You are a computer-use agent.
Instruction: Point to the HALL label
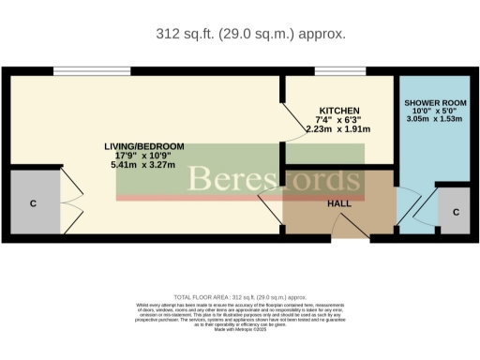coord(339,203)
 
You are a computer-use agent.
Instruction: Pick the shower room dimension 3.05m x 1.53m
coord(435,119)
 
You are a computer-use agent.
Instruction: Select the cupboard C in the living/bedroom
coord(32,203)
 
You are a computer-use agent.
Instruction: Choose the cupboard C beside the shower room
coord(455,212)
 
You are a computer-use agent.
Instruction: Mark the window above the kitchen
coord(333,71)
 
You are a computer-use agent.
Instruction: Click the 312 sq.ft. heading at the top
coord(250,34)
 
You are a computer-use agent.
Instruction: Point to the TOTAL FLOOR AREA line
coord(239,295)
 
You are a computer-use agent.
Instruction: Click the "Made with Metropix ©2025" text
coord(239,330)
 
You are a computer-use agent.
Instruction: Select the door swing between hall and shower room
coord(409,206)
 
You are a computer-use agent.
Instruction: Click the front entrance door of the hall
coord(347,228)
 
